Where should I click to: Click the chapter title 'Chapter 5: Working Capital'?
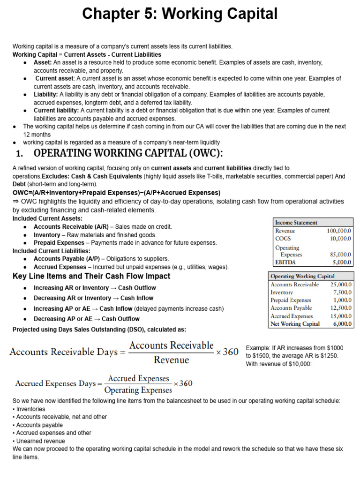[x=180, y=14]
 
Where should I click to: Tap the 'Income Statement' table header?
[x=296, y=223]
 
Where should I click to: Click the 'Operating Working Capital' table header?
[x=303, y=276]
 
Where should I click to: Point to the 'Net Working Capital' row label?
[x=295, y=324]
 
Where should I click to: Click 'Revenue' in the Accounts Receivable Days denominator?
[x=171, y=360]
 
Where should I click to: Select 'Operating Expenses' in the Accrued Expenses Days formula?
[x=138, y=390]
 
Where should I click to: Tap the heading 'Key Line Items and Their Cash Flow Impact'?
[x=91, y=276]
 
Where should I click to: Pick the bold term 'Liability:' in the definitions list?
[x=45, y=94]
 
